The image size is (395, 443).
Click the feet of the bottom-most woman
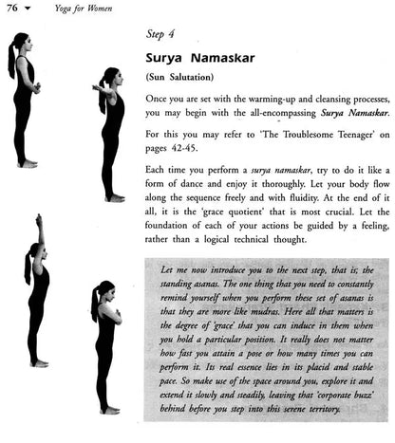(109, 410)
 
